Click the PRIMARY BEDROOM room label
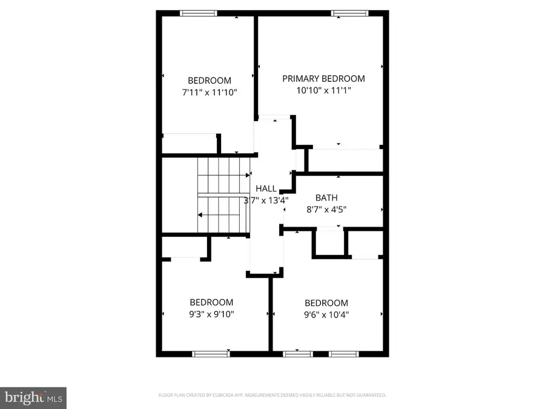[x=323, y=79]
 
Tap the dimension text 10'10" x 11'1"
[x=323, y=91]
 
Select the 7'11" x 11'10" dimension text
[x=209, y=93]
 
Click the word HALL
[x=266, y=188]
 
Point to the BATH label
[x=326, y=198]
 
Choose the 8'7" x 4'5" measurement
[x=326, y=210]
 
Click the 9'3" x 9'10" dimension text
[x=211, y=314]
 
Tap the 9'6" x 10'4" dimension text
[x=326, y=315]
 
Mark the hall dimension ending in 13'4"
[x=266, y=200]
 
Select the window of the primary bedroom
[x=349, y=12]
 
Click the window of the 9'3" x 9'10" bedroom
[x=210, y=354]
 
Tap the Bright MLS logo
[x=33, y=397]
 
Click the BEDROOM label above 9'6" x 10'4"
[x=326, y=303]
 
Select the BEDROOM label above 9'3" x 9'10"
[x=211, y=302]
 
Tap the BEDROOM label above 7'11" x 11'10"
[x=209, y=81]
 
